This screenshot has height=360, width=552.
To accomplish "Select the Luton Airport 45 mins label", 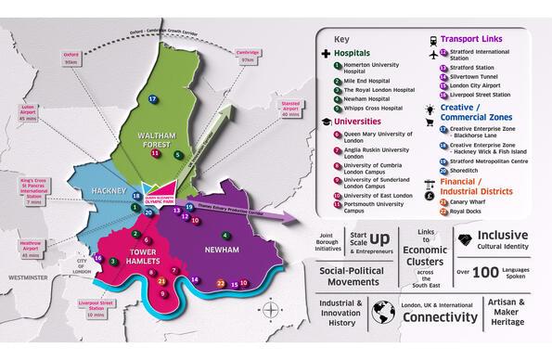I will click(26, 112).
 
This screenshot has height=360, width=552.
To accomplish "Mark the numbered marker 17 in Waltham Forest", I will click(152, 98).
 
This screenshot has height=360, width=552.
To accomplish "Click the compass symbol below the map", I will click(269, 309).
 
